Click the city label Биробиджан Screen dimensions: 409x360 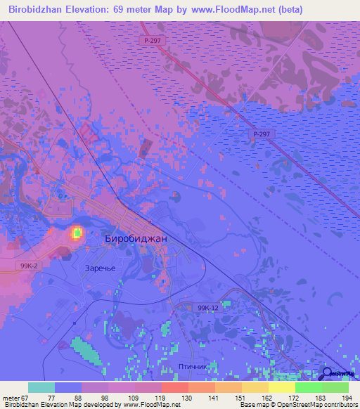pyautogui.click(x=136, y=238)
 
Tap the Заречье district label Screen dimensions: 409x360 pyautogui.click(x=100, y=267)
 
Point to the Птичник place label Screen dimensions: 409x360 pyautogui.click(x=191, y=366)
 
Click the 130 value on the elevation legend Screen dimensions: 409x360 pyautogui.click(x=186, y=397)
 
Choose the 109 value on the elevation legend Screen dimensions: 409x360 pyautogui.click(x=132, y=397)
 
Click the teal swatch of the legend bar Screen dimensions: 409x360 pyautogui.click(x=41, y=387)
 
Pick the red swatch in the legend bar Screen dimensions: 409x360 pyautogui.click(x=175, y=387)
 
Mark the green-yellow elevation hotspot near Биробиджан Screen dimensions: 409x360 pyautogui.click(x=76, y=233)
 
